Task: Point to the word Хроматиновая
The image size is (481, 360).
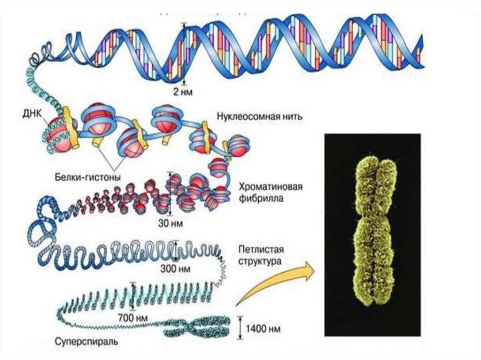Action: coord(270,187)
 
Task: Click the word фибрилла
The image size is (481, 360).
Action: coord(261,198)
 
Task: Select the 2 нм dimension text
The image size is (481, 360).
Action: coord(183,91)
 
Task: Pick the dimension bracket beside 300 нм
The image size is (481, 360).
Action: coord(176,251)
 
